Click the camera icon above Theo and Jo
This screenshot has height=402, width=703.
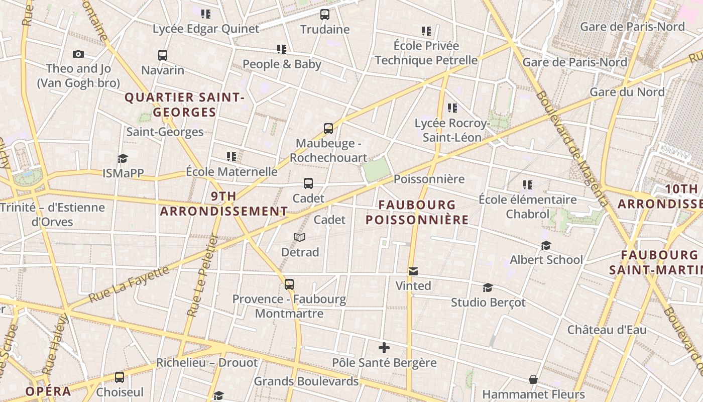(x=78, y=54)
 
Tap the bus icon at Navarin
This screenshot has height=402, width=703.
(x=162, y=55)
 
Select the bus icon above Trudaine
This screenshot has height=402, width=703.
(x=325, y=15)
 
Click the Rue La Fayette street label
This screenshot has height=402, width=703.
(x=129, y=284)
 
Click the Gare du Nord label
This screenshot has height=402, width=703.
(x=627, y=92)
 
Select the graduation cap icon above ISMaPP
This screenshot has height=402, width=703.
(x=123, y=159)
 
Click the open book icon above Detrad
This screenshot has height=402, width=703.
(x=300, y=237)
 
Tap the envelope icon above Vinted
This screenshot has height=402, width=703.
(x=413, y=271)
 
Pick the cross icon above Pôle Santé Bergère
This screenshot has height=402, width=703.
(x=384, y=348)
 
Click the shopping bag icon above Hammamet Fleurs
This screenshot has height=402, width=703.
(x=533, y=379)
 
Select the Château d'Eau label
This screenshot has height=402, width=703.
(x=607, y=330)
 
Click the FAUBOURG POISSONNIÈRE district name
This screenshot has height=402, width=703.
(x=417, y=213)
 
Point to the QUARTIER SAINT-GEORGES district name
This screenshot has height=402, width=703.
(x=184, y=105)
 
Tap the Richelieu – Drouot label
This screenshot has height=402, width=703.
(x=207, y=363)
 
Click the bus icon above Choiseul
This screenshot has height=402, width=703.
(x=120, y=377)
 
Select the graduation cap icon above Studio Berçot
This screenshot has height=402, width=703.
(x=488, y=288)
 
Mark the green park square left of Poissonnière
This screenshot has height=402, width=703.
(x=377, y=169)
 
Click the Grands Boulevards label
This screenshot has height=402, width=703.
(x=306, y=381)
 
